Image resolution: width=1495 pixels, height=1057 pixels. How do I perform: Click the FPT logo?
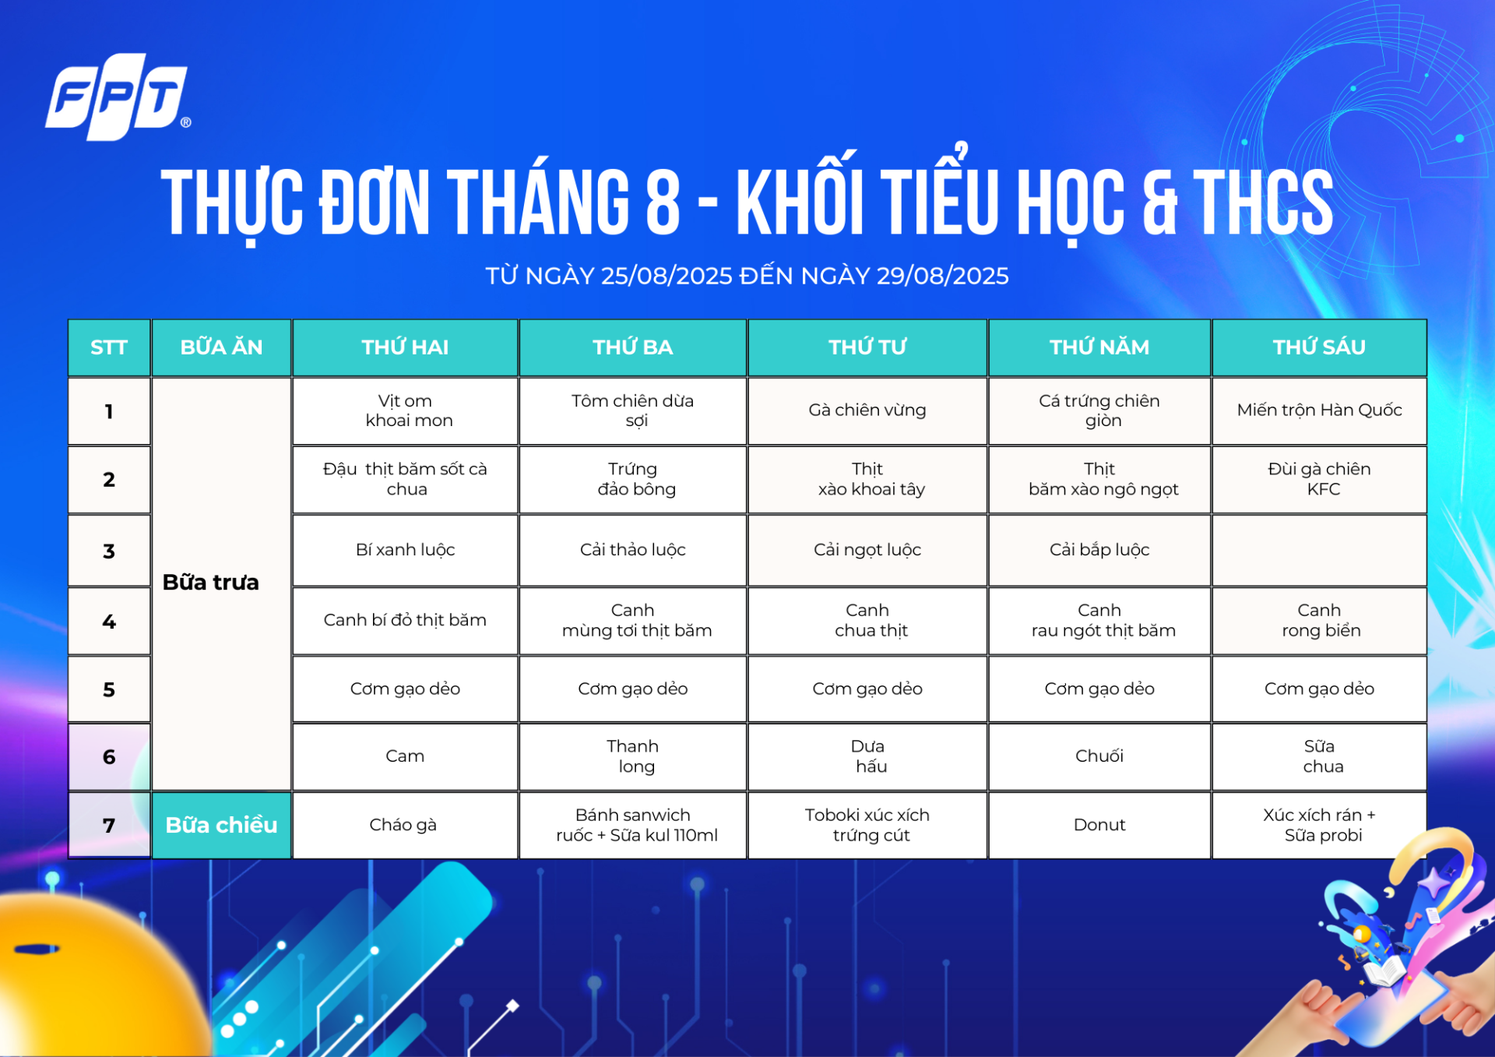(118, 97)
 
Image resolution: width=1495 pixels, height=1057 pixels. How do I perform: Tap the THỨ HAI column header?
(405, 347)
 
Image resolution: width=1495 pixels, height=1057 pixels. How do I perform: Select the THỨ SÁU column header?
(1319, 347)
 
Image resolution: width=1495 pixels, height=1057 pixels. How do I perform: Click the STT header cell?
(109, 347)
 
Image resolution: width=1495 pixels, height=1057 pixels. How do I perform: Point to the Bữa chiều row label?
(221, 825)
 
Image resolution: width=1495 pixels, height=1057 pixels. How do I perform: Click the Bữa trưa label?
(210, 583)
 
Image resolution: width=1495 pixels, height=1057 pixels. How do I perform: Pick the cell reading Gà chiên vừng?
(867, 410)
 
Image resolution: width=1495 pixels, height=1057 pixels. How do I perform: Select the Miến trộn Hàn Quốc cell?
(1319, 410)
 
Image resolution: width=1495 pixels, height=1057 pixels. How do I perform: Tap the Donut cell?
(1099, 825)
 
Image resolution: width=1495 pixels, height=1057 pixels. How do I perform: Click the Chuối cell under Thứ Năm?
(1099, 756)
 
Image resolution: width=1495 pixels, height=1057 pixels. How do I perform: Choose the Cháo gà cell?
(405, 825)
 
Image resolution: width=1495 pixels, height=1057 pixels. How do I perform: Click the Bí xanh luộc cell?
(405, 550)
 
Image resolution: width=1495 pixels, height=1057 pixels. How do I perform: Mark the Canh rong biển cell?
(1319, 621)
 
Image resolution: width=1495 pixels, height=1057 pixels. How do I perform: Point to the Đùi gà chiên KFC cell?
(1319, 479)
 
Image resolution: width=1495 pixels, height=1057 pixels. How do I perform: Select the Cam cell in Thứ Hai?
(405, 756)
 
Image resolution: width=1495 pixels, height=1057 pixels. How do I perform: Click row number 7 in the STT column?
(109, 826)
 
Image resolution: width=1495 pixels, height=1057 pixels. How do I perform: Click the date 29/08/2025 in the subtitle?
(942, 276)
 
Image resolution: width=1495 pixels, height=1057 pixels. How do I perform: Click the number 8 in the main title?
(663, 202)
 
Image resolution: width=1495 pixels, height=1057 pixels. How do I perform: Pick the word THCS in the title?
(1263, 202)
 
